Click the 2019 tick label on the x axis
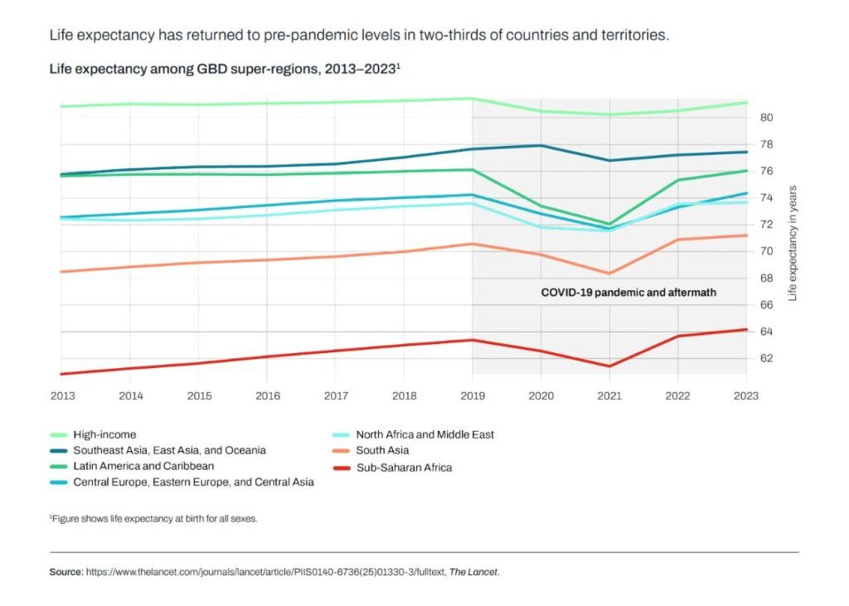click(472, 395)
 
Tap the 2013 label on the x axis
click(62, 395)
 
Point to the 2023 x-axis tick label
click(746, 395)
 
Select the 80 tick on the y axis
click(766, 118)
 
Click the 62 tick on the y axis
click(766, 358)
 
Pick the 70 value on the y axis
click(766, 251)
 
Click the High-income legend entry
click(104, 434)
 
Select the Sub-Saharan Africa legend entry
click(403, 467)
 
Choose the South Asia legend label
click(382, 450)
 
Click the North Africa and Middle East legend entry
click(424, 434)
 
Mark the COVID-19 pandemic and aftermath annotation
click(628, 293)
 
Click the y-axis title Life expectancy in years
click(793, 242)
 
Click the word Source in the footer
click(65, 572)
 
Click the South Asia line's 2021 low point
click(609, 274)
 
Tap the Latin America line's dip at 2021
click(609, 224)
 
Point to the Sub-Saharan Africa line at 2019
click(472, 340)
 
